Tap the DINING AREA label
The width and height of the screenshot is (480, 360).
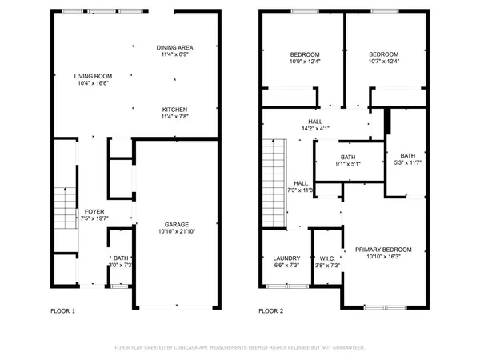(x=175, y=47)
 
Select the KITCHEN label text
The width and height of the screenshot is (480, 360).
(x=175, y=109)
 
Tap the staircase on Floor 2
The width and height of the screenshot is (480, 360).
(x=274, y=181)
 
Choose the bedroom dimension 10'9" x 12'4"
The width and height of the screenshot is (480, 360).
(x=304, y=62)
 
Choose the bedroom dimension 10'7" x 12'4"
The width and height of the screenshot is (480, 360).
(x=382, y=62)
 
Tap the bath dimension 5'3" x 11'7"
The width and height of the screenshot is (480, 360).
(x=408, y=163)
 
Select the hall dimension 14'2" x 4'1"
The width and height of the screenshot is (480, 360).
(x=316, y=128)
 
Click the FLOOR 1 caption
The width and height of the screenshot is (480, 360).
(x=62, y=311)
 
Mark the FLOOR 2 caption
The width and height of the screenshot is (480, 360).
(x=270, y=311)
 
